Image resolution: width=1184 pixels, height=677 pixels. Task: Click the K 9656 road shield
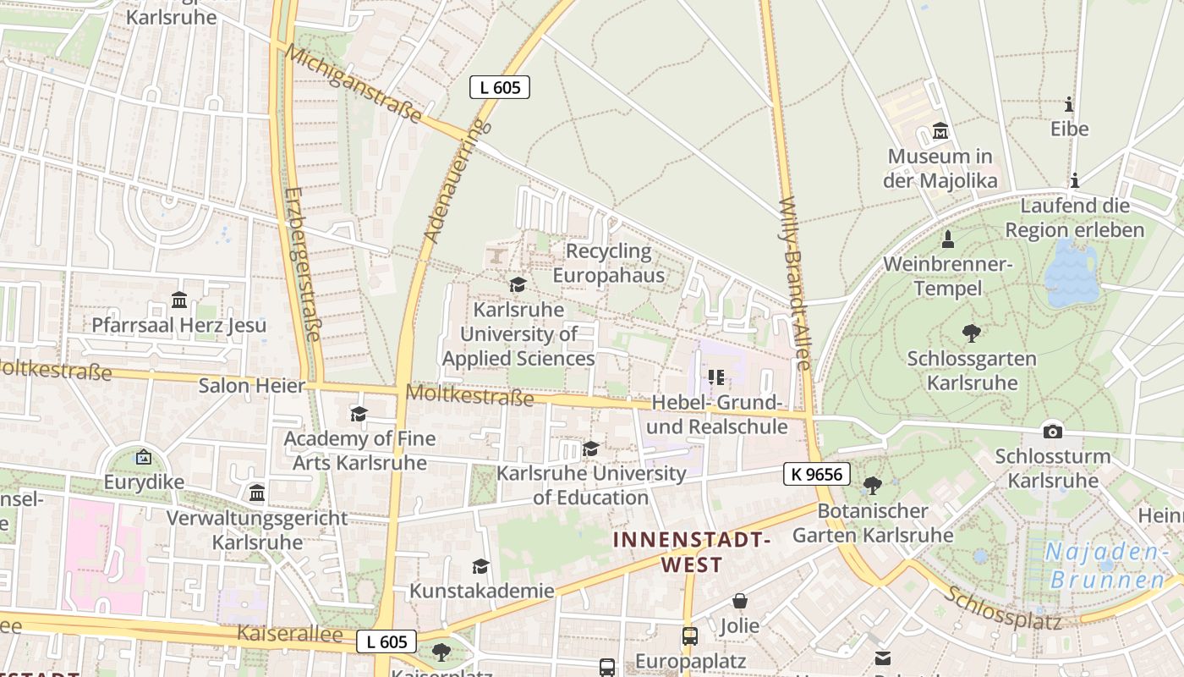point(816,474)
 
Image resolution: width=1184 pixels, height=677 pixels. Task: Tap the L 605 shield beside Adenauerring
point(500,86)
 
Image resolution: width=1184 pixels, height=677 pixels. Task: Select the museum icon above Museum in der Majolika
point(940,131)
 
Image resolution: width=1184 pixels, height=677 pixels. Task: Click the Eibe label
point(1069,129)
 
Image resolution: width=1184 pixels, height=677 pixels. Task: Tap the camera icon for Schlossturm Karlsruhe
point(1052,431)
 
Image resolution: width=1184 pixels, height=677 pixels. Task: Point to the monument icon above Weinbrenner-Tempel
point(948,239)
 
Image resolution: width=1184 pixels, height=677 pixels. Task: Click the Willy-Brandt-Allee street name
point(794,283)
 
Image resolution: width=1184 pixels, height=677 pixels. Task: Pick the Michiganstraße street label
point(353,84)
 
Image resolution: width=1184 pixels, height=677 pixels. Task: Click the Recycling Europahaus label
point(609,263)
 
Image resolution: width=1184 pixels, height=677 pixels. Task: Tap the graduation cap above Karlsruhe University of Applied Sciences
point(518,285)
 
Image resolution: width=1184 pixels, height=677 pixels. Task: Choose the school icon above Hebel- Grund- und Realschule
point(716,377)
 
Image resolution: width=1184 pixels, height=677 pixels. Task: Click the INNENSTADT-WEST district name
point(692,552)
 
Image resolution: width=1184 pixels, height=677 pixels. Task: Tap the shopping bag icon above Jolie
point(740,601)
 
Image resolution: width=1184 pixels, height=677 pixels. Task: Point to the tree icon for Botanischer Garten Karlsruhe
point(872,485)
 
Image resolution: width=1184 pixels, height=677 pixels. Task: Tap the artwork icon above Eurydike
point(143,457)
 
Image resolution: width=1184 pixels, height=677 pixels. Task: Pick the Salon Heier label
point(251,386)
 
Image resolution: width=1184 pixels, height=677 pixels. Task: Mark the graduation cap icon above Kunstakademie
point(480,566)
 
